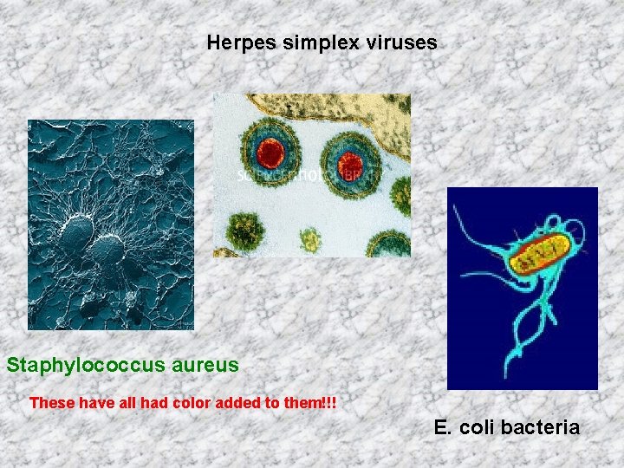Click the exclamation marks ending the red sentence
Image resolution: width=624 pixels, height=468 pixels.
click(x=329, y=403)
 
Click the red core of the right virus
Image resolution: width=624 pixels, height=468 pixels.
click(x=349, y=163)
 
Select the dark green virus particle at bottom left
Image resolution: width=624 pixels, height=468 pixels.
click(x=245, y=231)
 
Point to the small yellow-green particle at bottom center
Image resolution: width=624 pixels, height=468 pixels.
click(x=310, y=237)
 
